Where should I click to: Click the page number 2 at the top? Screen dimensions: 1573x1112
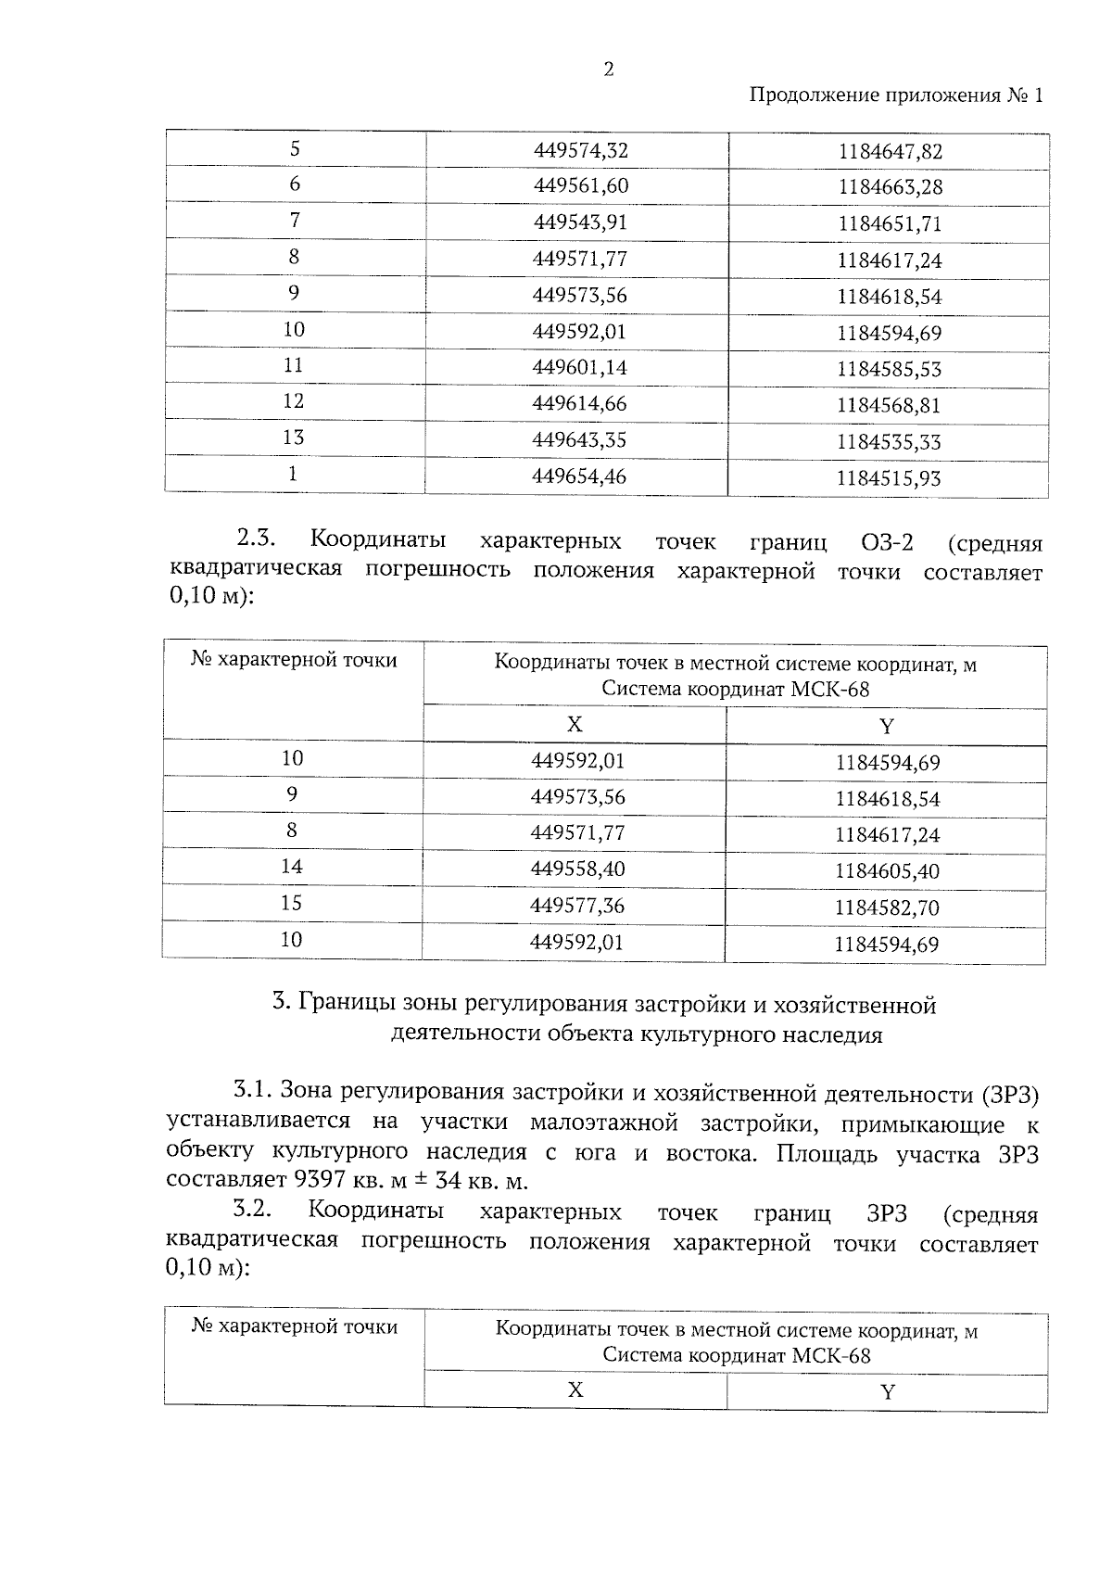[x=608, y=70]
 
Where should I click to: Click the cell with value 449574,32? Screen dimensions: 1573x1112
[x=581, y=150]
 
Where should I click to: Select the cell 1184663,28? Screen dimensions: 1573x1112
[x=890, y=187]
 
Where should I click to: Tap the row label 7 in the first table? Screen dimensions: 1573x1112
[x=295, y=221]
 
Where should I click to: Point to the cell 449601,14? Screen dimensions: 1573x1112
[x=580, y=368]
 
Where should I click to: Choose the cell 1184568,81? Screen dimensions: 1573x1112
[x=889, y=405]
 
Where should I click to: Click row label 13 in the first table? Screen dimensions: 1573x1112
[x=293, y=438]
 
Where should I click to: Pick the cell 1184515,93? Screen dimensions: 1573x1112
[x=888, y=478]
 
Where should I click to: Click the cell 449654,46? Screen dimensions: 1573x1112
[x=579, y=476]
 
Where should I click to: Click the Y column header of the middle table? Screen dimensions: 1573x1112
[x=887, y=727]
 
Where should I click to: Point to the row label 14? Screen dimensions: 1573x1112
[x=292, y=867]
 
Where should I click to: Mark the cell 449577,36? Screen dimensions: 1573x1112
[x=577, y=906]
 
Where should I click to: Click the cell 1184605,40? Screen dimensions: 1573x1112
[x=887, y=871]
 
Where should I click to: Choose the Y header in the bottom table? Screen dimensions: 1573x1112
[x=888, y=1393]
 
